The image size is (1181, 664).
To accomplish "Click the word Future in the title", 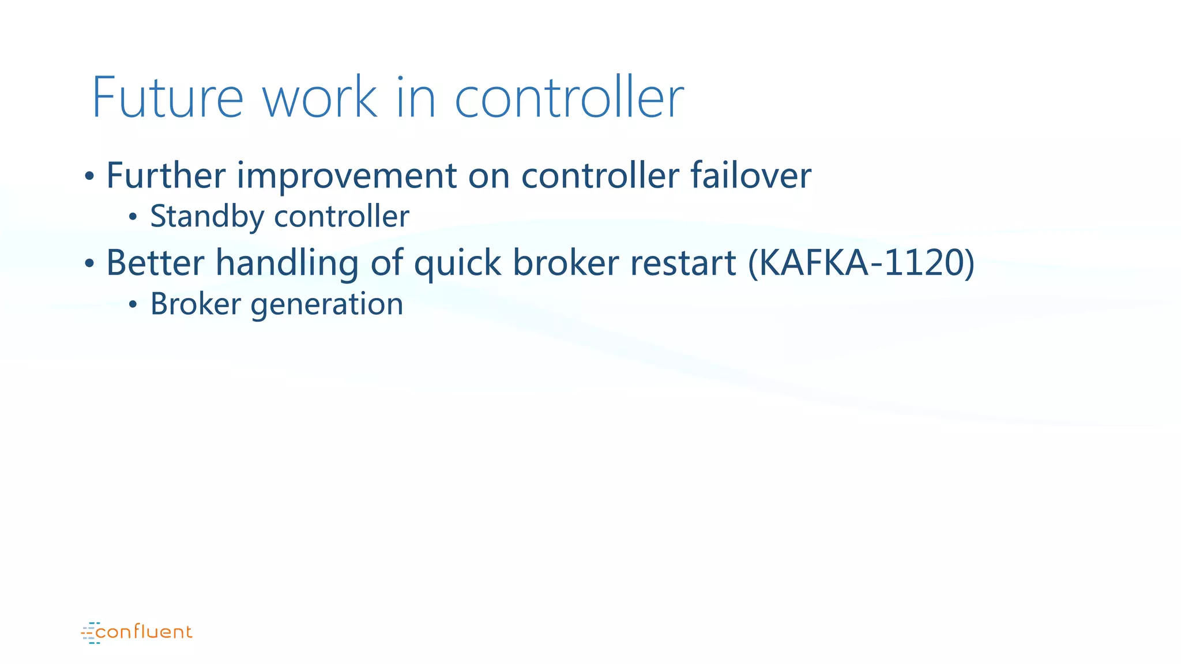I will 167,97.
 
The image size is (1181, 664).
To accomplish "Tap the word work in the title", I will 320,97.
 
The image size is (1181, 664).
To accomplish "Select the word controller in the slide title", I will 569,97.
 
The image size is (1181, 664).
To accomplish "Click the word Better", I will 155,263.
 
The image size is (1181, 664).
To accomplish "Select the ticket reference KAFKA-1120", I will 861,263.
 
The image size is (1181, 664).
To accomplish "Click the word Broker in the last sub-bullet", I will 195,304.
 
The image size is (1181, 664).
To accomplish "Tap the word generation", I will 327,305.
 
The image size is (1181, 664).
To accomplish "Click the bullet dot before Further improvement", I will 89,176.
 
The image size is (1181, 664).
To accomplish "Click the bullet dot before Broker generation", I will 133,305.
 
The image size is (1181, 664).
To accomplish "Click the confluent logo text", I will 144,632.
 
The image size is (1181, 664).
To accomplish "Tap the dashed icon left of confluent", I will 90,632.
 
